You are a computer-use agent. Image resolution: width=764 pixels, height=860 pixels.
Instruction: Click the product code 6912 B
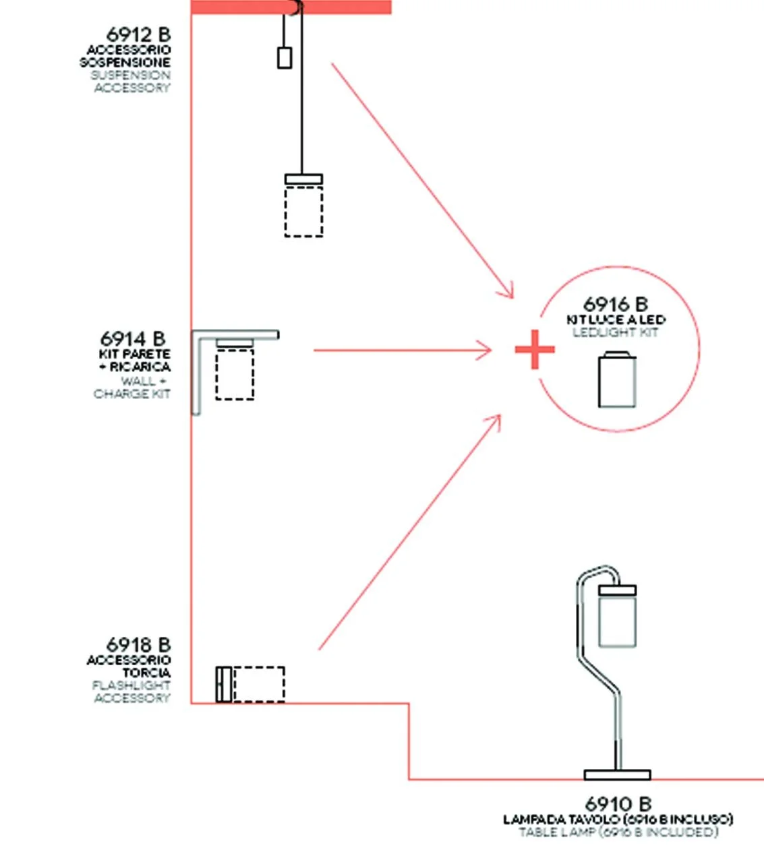coord(138,34)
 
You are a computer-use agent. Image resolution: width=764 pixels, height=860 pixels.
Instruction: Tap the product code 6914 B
coord(133,338)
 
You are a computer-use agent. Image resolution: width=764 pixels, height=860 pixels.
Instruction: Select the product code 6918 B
coord(138,645)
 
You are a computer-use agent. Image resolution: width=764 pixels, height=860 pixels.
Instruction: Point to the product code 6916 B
coord(615,305)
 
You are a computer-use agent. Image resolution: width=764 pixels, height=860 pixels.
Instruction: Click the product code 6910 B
coord(618,804)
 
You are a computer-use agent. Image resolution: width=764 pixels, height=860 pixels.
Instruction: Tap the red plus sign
coord(535,350)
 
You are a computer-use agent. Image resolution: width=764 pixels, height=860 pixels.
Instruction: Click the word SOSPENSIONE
coord(125,63)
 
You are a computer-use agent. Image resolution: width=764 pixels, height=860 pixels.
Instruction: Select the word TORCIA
coord(146,673)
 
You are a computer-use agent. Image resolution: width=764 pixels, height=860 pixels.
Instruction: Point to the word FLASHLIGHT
coord(131,685)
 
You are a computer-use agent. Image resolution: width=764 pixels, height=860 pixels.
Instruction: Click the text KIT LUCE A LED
coord(616,319)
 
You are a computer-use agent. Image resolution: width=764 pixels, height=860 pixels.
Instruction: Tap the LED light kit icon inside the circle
coord(617,380)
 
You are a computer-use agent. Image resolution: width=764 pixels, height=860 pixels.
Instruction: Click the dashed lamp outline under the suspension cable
coord(303,211)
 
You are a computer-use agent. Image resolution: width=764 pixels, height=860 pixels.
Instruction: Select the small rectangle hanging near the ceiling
coord(285,57)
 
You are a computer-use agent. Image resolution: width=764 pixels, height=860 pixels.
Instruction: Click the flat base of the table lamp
coord(617,775)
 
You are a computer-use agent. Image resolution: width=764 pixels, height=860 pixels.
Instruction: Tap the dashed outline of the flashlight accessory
coord(258,684)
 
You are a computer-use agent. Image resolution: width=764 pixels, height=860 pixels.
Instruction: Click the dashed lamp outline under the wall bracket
coord(235,374)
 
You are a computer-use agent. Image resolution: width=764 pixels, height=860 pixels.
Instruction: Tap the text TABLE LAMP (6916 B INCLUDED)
coord(618,832)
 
